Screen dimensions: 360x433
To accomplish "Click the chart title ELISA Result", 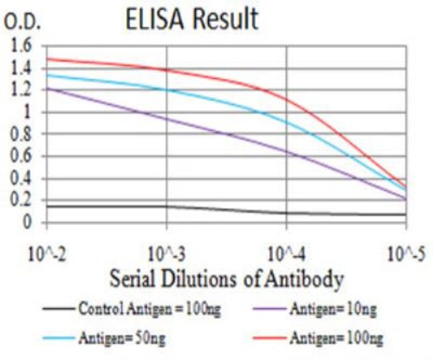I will click(x=192, y=19).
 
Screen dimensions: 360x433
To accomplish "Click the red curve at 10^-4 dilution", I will click(x=286, y=100).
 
